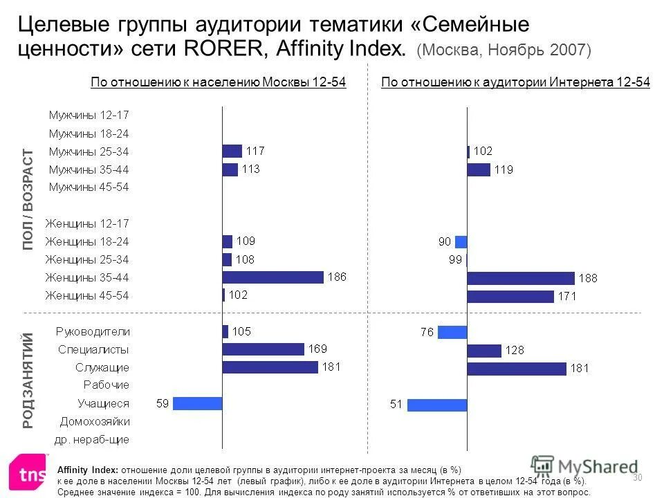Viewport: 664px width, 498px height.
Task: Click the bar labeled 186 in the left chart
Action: (273, 277)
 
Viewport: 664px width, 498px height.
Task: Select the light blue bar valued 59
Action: (197, 403)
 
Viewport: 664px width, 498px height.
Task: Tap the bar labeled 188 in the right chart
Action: (520, 278)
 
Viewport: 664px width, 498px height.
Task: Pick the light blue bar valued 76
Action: (452, 332)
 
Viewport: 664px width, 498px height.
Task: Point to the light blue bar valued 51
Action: (437, 405)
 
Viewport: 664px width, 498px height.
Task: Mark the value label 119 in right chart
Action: (504, 169)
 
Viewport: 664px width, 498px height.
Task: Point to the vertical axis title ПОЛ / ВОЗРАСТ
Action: (28, 199)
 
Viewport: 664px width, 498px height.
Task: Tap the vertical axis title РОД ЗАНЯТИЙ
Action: (28, 380)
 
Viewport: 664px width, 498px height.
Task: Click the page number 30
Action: (638, 477)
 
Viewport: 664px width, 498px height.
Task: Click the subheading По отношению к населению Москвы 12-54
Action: (219, 83)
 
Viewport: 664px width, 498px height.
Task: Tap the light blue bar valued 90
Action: (461, 242)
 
